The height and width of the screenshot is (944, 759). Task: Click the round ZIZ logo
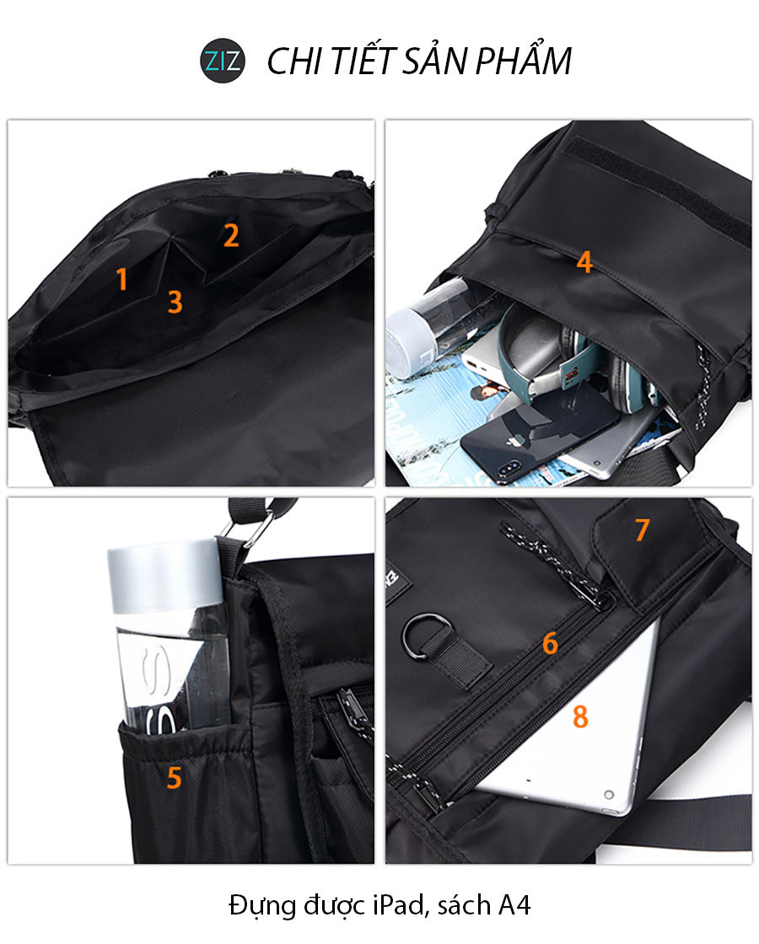click(223, 61)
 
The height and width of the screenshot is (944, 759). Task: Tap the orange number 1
click(122, 280)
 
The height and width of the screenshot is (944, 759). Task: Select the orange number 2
click(231, 236)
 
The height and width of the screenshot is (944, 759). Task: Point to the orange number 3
click(175, 301)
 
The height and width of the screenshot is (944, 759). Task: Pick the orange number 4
click(584, 262)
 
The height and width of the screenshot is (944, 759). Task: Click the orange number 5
click(174, 778)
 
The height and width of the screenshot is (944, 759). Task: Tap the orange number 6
click(550, 644)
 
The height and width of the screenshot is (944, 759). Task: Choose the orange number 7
click(642, 530)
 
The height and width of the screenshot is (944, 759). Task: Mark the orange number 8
click(580, 716)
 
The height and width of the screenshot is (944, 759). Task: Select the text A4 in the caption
click(514, 905)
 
